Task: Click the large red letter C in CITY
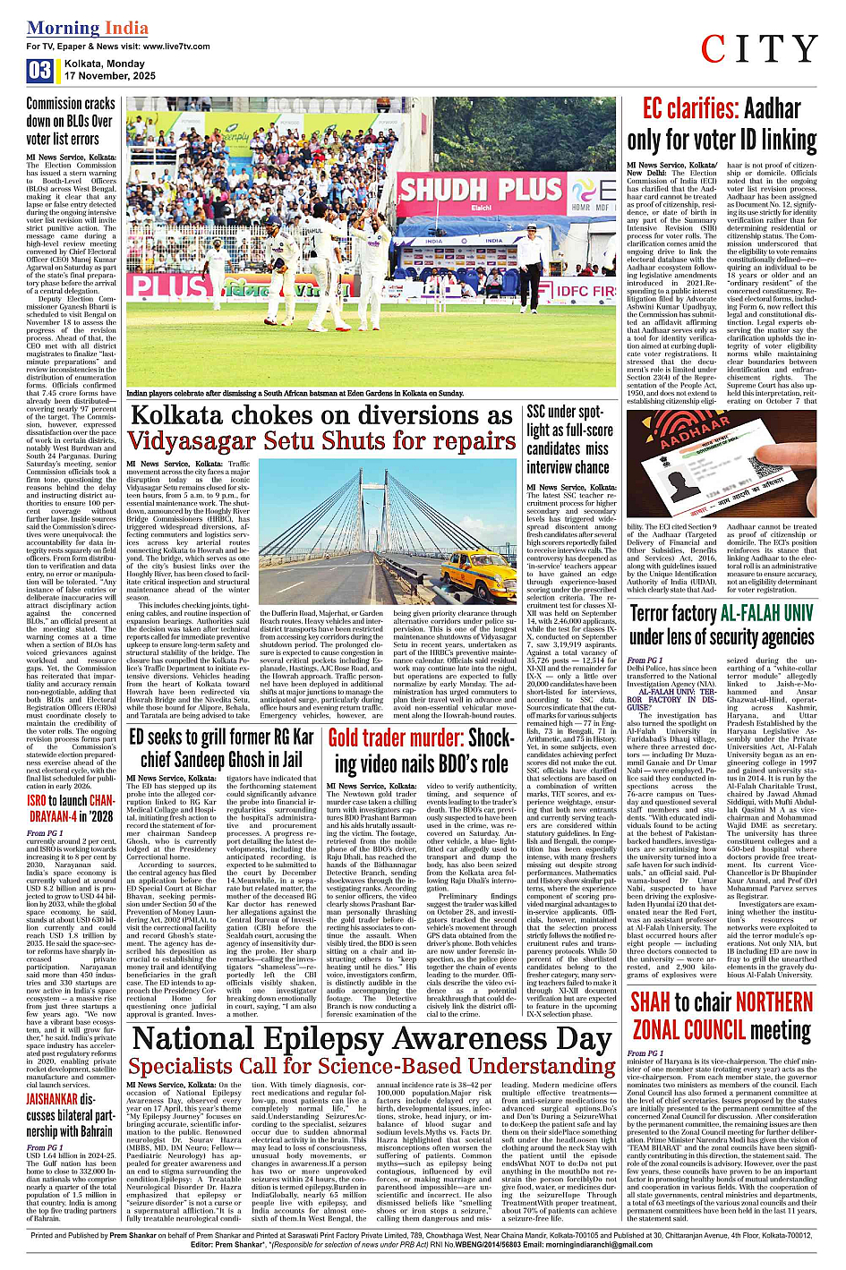pos(718,50)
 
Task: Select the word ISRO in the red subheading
pos(36,800)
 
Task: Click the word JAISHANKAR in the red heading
pos(52,1099)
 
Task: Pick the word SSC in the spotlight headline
pos(536,412)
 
